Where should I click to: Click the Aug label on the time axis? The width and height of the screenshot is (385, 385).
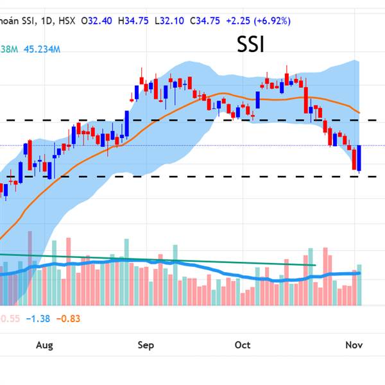[44, 345]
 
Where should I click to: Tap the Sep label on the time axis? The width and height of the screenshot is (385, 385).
[146, 345]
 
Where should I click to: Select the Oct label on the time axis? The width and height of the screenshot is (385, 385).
[243, 345]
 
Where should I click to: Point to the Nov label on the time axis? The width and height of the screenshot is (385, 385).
[354, 345]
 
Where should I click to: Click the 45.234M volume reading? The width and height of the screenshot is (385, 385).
[43, 49]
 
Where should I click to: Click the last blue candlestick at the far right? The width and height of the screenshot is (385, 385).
[360, 158]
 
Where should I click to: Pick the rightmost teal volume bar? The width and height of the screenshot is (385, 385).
[360, 285]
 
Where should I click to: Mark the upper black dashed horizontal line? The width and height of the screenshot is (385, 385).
[193, 120]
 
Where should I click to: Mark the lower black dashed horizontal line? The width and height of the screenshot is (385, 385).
[193, 176]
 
